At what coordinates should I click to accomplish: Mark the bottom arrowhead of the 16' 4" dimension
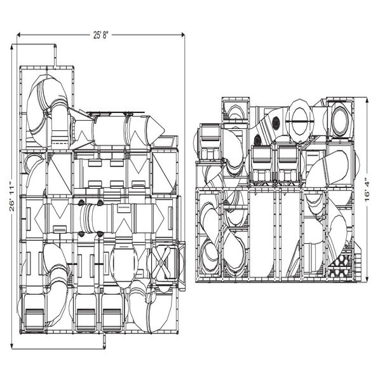(x=368, y=280)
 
